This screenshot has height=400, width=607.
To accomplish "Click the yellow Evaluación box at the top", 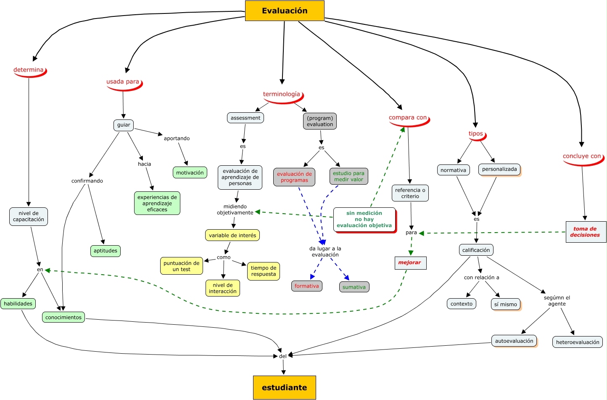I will pyautogui.click(x=285, y=11).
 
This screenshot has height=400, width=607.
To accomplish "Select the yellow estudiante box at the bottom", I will pyautogui.click(x=284, y=387).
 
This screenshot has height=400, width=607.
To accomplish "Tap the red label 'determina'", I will pyautogui.click(x=29, y=70).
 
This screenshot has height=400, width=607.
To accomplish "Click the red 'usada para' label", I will pyautogui.click(x=123, y=82).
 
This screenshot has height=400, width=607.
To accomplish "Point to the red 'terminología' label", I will pyautogui.click(x=282, y=94).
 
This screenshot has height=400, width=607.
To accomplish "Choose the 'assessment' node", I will pyautogui.click(x=245, y=118).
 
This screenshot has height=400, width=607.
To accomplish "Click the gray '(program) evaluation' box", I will pyautogui.click(x=319, y=121).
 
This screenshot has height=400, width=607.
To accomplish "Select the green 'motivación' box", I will pyautogui.click(x=190, y=172).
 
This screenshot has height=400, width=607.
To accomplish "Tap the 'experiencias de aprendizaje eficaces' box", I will pyautogui.click(x=157, y=203).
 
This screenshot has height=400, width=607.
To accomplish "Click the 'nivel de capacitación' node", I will pyautogui.click(x=28, y=216).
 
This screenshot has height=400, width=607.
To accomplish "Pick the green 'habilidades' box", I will pyautogui.click(x=18, y=304).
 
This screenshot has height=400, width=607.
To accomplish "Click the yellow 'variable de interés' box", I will pyautogui.click(x=232, y=235).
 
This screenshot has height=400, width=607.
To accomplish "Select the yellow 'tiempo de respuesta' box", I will pyautogui.click(x=263, y=271).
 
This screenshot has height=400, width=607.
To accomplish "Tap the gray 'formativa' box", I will pyautogui.click(x=306, y=286).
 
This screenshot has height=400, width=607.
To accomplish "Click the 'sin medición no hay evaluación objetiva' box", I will pyautogui.click(x=364, y=219).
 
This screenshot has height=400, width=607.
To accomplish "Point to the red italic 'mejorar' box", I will pyautogui.click(x=410, y=262).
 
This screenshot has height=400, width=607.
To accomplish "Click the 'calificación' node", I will pyautogui.click(x=476, y=250).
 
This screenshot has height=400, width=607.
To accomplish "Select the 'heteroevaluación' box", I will pyautogui.click(x=577, y=342).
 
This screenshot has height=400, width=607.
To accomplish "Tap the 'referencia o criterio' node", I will pyautogui.click(x=410, y=193).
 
